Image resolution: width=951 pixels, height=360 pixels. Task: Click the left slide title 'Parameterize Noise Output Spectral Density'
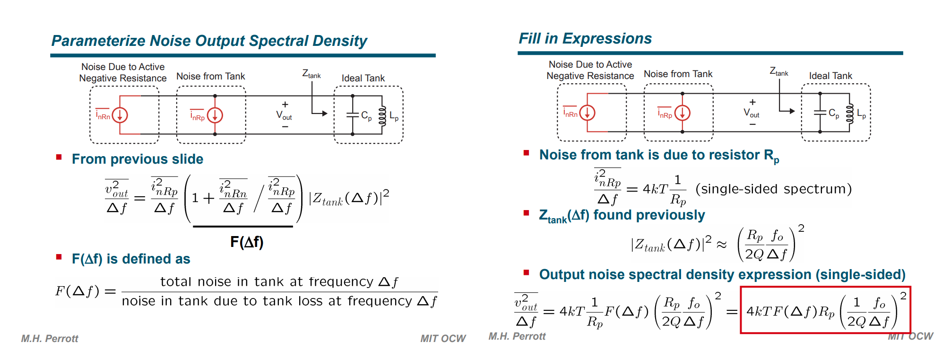click(209, 41)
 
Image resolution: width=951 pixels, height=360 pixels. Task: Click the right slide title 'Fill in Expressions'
click(585, 39)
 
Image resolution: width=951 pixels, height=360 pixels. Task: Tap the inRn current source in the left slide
click(120, 115)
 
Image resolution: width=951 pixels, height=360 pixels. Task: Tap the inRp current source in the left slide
click(215, 115)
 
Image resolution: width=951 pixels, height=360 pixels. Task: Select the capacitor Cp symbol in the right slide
click(820, 113)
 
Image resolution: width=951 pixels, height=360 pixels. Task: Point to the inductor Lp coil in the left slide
click(382, 115)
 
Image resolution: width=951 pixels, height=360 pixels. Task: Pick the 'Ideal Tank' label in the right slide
click(830, 76)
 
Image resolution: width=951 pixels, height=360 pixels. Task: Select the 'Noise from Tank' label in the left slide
click(211, 76)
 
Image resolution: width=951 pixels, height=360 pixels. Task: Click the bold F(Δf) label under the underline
click(247, 242)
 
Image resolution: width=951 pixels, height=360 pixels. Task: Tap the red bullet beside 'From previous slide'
click(59, 157)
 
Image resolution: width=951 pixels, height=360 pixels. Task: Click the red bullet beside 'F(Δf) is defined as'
click(59, 257)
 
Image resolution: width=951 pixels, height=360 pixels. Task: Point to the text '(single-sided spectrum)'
click(773, 189)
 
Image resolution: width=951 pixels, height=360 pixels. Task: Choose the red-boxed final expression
click(825, 310)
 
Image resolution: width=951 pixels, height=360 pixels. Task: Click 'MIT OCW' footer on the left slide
click(443, 339)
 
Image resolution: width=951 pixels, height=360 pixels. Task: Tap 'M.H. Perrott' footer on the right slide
click(517, 336)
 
